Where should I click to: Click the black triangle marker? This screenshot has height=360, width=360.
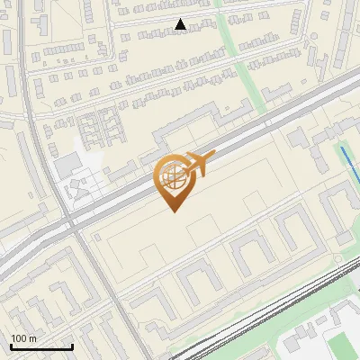tap(181, 24)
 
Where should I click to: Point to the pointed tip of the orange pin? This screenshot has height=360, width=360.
tap(174, 211)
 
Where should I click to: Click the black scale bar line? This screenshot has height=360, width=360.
tap(41, 346)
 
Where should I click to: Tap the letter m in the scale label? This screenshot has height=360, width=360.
tap(34, 337)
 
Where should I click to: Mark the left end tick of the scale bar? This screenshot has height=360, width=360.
tap(11, 345)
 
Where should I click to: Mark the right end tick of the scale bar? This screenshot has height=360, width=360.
tap(72, 345)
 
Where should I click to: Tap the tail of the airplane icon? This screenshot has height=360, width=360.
tap(184, 166)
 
